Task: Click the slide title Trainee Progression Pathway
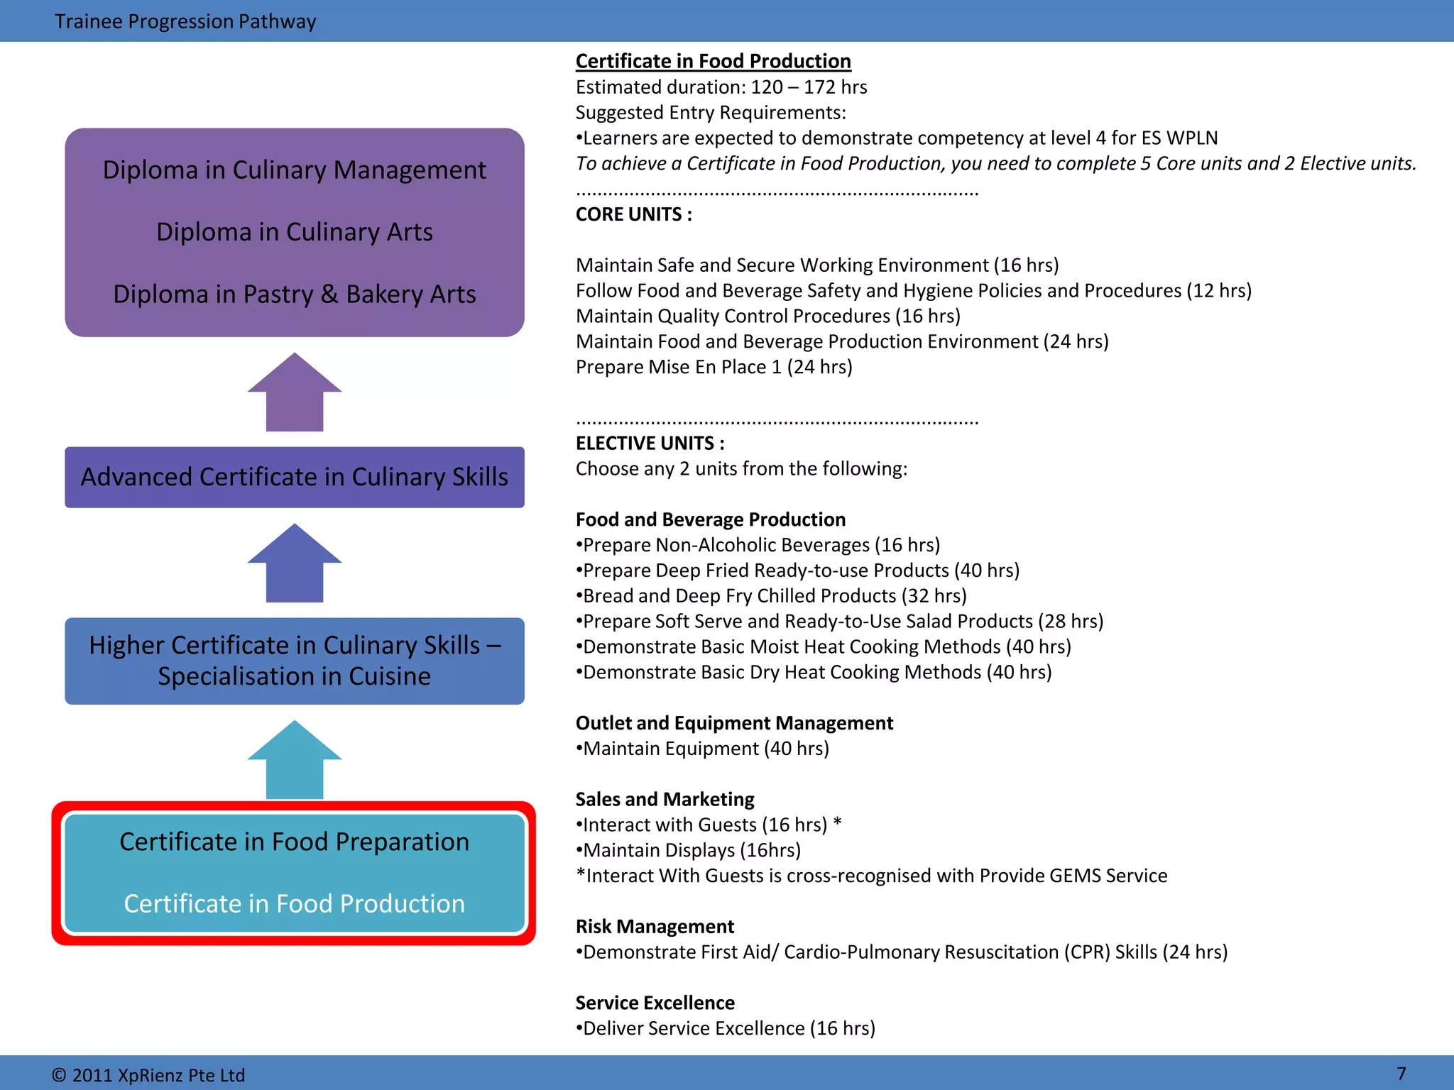185,21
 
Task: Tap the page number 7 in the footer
1401,1073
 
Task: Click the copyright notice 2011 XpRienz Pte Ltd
148,1075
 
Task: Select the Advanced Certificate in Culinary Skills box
295,477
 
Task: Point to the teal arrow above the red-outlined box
295,760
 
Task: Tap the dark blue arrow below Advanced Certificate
295,563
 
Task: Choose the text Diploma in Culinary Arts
295,232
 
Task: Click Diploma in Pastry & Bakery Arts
295,294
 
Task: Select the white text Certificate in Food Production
295,903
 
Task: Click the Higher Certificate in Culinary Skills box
295,661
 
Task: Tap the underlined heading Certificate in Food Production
713,61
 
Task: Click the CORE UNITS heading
633,214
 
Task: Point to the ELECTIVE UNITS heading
650,444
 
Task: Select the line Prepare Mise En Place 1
714,367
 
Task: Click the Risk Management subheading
655,927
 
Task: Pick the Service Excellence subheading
655,1003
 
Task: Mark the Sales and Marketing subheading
665,799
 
